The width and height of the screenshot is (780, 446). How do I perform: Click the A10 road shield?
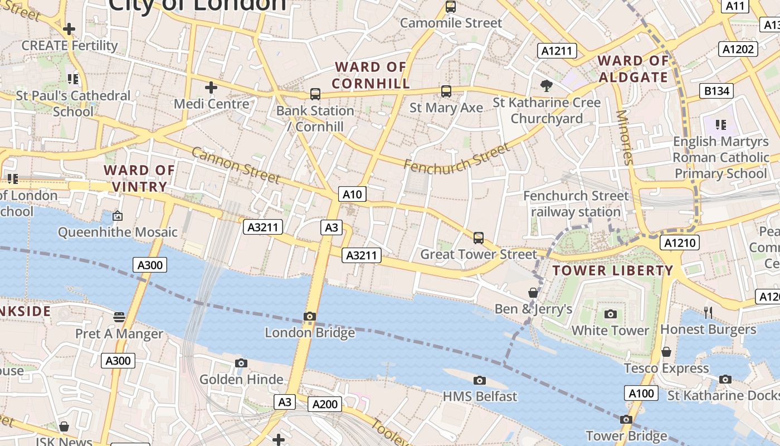coord(352,194)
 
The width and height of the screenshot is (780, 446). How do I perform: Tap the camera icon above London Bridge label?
coord(310,316)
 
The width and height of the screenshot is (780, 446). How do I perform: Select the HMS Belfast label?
coord(480,396)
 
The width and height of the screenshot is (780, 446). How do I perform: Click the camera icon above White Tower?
coord(611,314)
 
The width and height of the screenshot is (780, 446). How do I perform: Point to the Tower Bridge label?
coord(626,435)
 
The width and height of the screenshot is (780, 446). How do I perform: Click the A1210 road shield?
coord(679,243)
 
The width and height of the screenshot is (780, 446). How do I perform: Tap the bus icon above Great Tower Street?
coord(478,238)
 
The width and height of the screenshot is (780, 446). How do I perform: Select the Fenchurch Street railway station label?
coord(576,204)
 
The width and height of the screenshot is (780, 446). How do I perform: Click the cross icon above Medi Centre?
coord(211,88)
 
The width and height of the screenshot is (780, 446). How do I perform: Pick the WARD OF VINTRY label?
coord(139,178)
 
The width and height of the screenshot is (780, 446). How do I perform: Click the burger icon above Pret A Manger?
coord(119,317)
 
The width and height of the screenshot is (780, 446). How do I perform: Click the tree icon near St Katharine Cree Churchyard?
coord(547,85)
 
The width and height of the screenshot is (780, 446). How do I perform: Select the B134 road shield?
coord(716,91)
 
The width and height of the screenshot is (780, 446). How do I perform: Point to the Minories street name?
coord(625,137)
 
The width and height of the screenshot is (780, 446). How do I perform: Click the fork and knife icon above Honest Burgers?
coord(708,312)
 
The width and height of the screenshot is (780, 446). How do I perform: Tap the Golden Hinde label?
coord(241,380)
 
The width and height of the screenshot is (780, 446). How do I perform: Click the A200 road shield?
coord(324,404)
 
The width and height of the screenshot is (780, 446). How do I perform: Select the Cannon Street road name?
coord(236,165)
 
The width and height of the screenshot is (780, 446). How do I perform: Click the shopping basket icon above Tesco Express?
coord(666,352)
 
